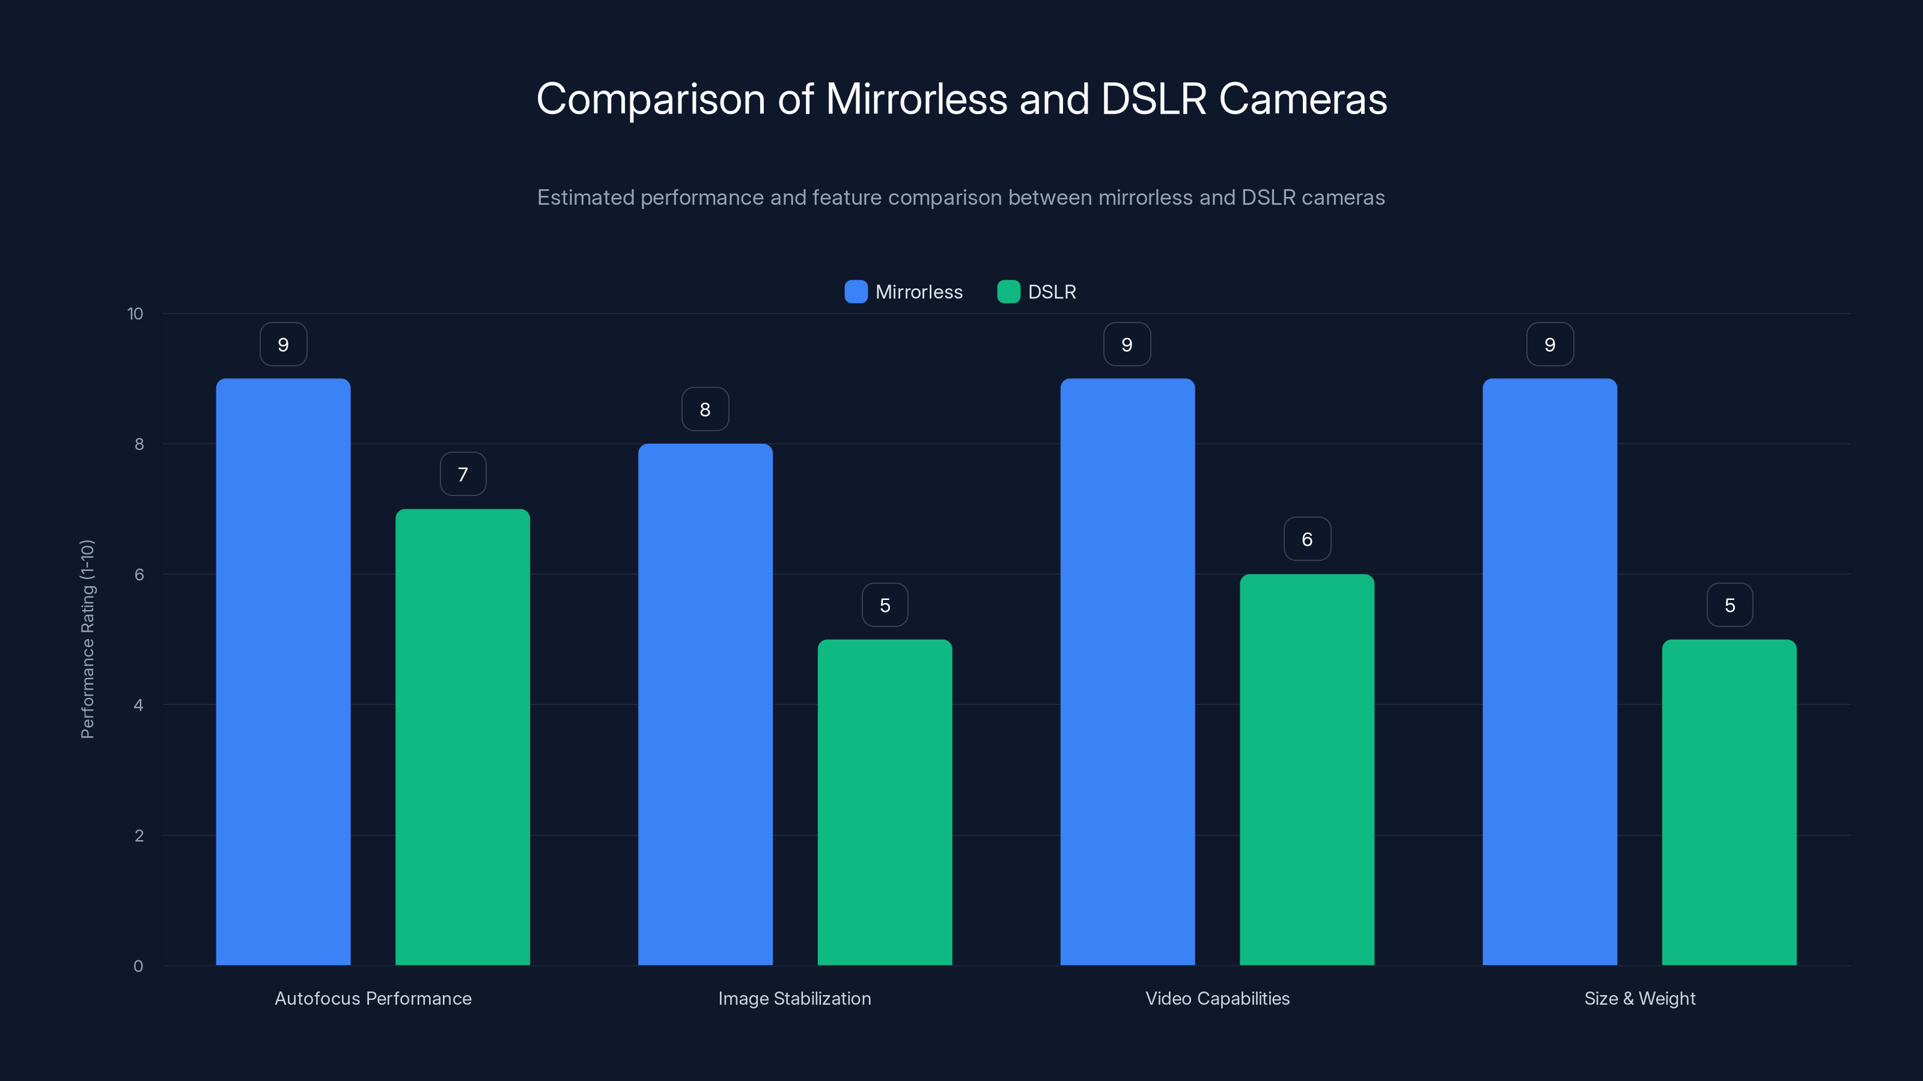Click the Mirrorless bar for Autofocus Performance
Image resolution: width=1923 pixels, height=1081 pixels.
pos(283,671)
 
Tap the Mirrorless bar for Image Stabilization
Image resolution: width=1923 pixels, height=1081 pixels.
pos(705,704)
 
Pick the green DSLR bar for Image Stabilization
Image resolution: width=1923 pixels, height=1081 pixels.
pos(885,802)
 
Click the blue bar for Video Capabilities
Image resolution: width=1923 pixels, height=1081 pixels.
pos(1127,671)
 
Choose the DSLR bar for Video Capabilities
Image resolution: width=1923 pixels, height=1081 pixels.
pos(1306,769)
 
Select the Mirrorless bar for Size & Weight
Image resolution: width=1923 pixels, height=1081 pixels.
pos(1549,671)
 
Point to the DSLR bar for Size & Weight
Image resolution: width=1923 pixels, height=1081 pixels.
pos(1729,802)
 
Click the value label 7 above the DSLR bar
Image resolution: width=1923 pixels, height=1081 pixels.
pos(463,474)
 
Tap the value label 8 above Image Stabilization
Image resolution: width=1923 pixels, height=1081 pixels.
pos(705,410)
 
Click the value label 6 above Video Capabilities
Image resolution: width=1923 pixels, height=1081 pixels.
pos(1306,539)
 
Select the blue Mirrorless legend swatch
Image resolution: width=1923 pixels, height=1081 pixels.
pos(856,292)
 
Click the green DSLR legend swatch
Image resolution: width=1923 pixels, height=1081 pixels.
pos(1008,292)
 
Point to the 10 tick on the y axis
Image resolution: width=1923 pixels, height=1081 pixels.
pos(135,314)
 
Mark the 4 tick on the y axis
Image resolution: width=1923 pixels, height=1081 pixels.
pos(138,705)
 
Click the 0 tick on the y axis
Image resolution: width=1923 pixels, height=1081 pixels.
pos(138,966)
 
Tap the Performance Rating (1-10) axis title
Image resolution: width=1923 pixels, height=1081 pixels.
pos(87,640)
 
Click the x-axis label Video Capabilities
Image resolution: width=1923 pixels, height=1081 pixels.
pos(1217,998)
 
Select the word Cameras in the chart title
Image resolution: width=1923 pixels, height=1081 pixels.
pos(1303,99)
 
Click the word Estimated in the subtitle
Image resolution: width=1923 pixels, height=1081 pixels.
pos(585,198)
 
